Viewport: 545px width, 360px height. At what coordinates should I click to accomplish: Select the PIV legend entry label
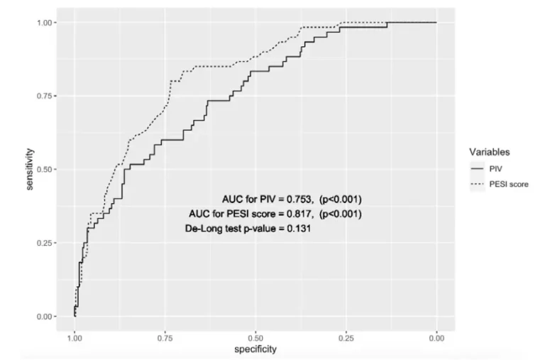[x=496, y=168]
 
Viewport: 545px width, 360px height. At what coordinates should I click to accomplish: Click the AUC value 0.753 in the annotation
[x=300, y=198]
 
